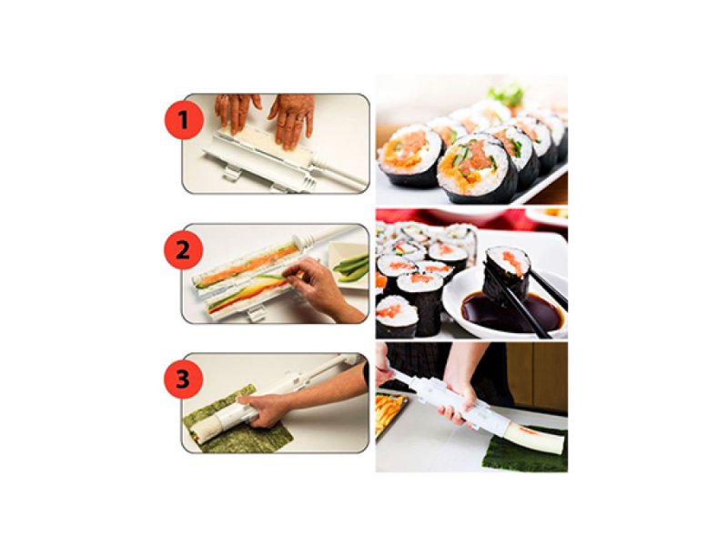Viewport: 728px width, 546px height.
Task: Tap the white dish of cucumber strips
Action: [351, 267]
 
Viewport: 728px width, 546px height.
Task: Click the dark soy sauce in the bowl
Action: [487, 315]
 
